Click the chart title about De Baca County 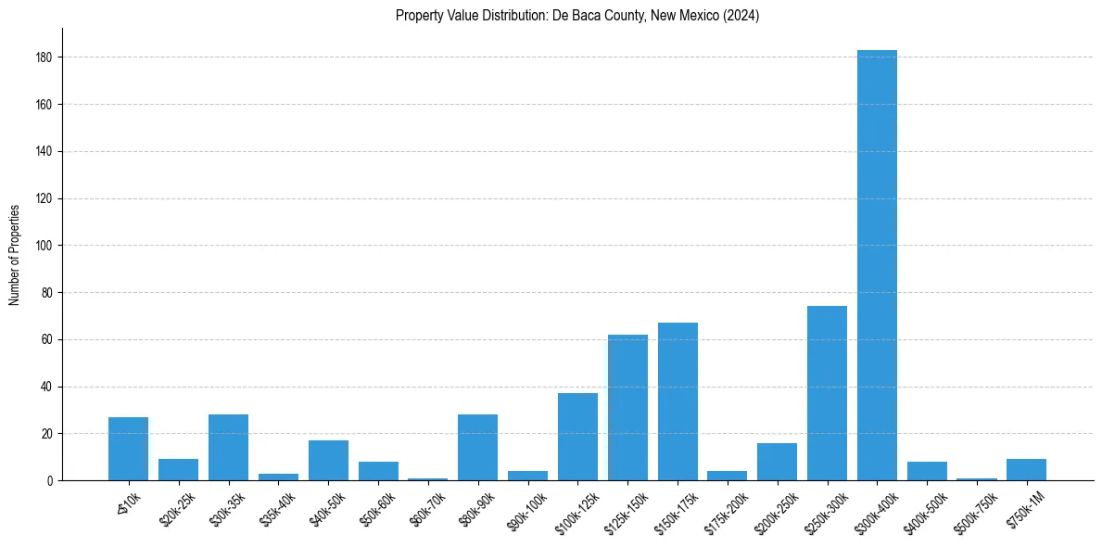[x=577, y=16]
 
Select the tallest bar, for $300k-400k [x=877, y=265]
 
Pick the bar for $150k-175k [x=678, y=401]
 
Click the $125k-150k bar [x=627, y=408]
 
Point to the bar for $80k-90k [x=477, y=448]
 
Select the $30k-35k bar [x=228, y=448]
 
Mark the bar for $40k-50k [x=328, y=461]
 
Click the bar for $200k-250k [x=777, y=462]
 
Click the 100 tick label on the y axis [x=49, y=246]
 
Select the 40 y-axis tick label [x=52, y=387]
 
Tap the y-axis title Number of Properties [x=15, y=254]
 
